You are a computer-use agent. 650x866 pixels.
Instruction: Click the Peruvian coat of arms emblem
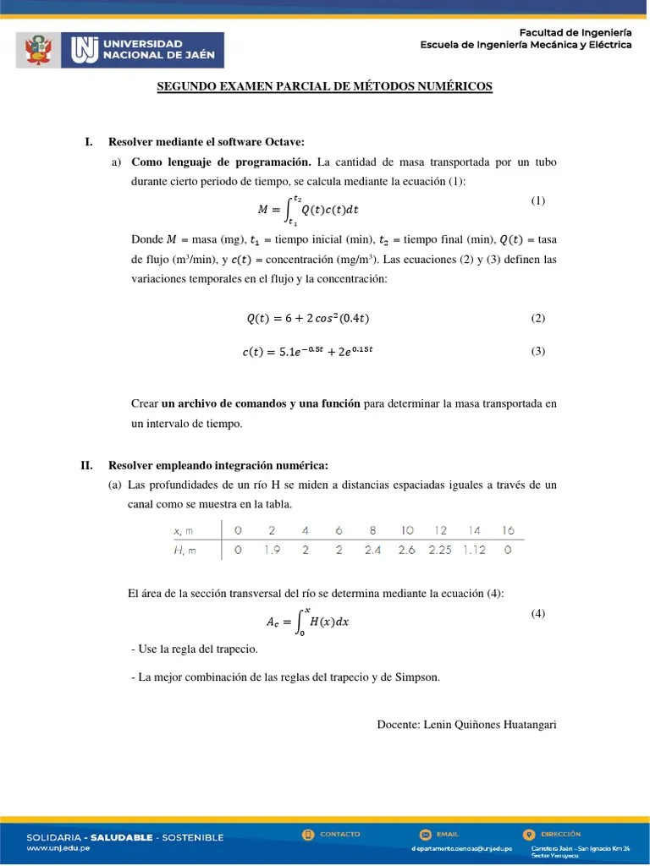[36, 50]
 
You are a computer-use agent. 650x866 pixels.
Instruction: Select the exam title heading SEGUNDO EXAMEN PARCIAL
[324, 86]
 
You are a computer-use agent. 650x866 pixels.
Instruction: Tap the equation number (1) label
[538, 200]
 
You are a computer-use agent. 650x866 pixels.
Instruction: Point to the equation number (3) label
[538, 352]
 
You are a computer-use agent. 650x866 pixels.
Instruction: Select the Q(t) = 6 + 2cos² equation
[307, 319]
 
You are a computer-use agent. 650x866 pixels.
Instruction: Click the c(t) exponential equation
[306, 352]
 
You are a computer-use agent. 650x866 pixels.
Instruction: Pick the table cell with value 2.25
[439, 550]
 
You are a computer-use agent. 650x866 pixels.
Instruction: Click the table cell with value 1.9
[272, 550]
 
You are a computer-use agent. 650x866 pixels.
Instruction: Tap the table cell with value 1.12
[473, 550]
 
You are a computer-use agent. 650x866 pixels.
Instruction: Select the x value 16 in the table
[507, 530]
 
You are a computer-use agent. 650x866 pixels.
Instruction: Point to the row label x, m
[183, 531]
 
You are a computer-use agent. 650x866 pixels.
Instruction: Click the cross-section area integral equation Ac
[308, 622]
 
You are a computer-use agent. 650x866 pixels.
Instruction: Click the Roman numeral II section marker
[86, 465]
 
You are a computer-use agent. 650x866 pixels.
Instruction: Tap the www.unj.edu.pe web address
[59, 848]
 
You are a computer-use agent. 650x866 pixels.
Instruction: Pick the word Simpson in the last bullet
[417, 677]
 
